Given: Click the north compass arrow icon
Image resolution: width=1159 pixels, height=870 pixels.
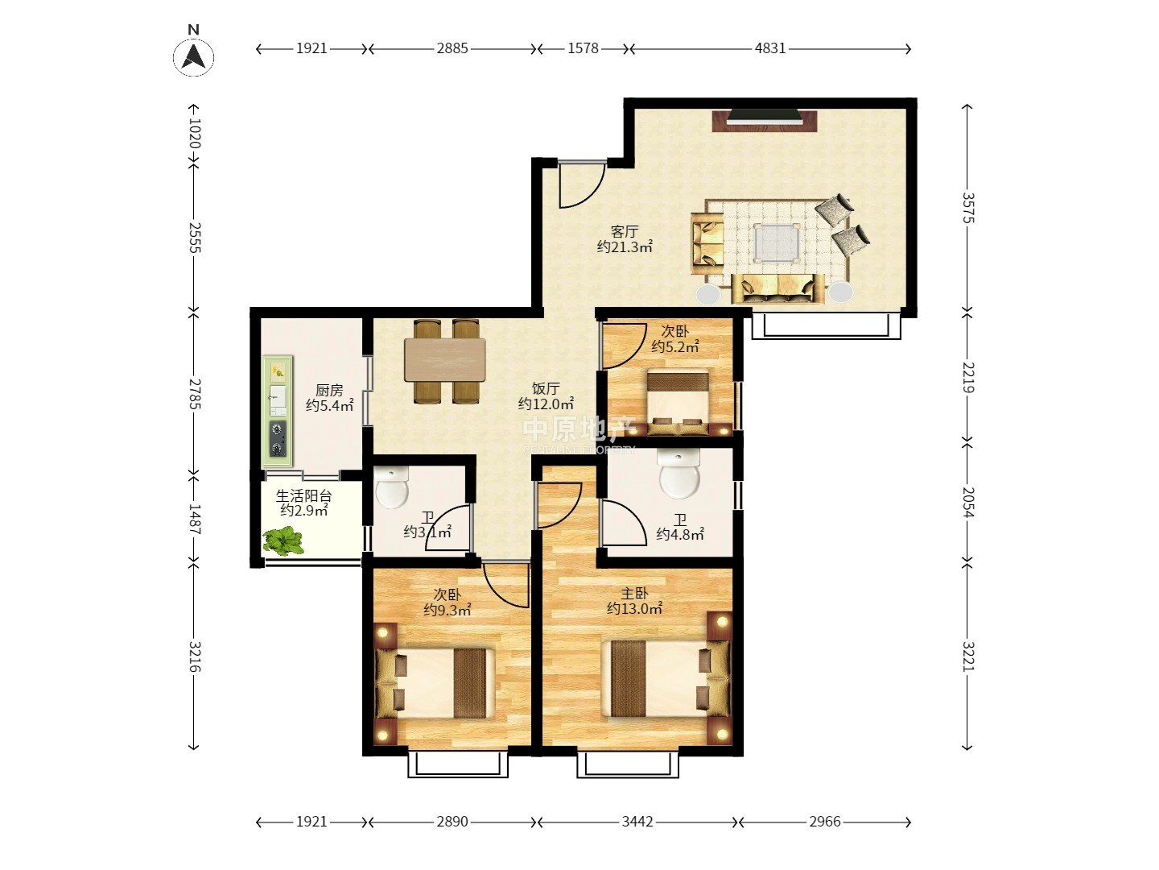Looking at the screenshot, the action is pyautogui.click(x=194, y=57).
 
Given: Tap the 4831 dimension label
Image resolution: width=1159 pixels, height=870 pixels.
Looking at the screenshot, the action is pyautogui.click(x=770, y=48).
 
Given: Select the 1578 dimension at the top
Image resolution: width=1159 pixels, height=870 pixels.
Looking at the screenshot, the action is pyautogui.click(x=583, y=48).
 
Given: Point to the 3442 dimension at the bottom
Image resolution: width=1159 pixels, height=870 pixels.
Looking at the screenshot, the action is pyautogui.click(x=637, y=822).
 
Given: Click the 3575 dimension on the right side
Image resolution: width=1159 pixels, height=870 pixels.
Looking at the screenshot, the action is pyautogui.click(x=967, y=208).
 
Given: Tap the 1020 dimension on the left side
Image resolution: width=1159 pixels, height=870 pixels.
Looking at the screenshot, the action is pyautogui.click(x=194, y=133).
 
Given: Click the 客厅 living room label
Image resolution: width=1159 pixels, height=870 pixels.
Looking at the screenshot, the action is pyautogui.click(x=625, y=231).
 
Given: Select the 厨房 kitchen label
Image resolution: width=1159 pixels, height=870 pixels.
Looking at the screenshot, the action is pyautogui.click(x=329, y=391).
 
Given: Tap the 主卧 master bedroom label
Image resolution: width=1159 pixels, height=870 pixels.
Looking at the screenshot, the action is pyautogui.click(x=634, y=593).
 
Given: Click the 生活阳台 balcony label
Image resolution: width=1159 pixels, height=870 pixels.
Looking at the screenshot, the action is pyautogui.click(x=303, y=496).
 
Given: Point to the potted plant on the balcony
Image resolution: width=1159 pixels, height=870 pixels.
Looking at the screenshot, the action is pyautogui.click(x=284, y=541).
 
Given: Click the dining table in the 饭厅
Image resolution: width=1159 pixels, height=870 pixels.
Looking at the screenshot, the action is pyautogui.click(x=445, y=360).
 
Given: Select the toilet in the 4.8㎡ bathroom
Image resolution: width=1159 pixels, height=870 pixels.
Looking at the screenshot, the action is pyautogui.click(x=679, y=473).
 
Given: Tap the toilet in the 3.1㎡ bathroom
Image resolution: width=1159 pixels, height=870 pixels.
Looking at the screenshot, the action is pyautogui.click(x=392, y=487).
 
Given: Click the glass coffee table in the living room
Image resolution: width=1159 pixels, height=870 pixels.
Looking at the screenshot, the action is pyautogui.click(x=776, y=242).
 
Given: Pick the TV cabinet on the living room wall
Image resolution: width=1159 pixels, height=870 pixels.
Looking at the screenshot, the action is pyautogui.click(x=764, y=121).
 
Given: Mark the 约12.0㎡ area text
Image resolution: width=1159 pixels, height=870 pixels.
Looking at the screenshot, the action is pyautogui.click(x=546, y=404).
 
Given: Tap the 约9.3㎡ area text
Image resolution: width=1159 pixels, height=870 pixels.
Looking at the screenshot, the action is pyautogui.click(x=448, y=610).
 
